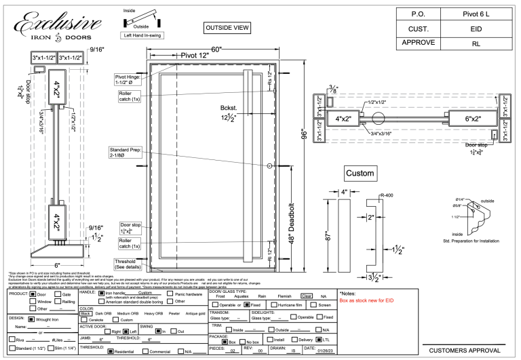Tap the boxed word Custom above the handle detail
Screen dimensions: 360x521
360,173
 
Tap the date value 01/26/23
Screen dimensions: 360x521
323,351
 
